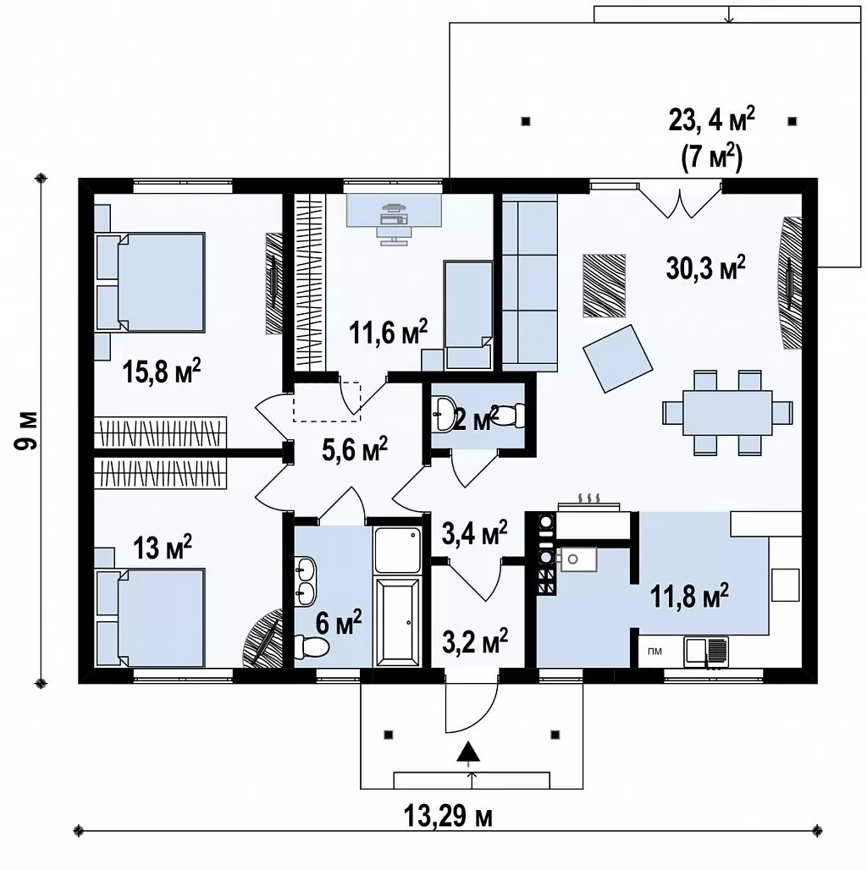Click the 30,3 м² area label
(x=705, y=268)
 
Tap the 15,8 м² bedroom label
(x=161, y=372)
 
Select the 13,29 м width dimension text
(x=448, y=817)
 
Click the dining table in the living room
(x=727, y=413)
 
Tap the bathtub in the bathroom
(x=397, y=621)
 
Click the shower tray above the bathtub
(x=397, y=550)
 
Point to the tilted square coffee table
(x=617, y=359)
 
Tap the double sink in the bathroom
(x=306, y=581)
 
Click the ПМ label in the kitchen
(x=655, y=652)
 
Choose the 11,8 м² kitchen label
(x=689, y=596)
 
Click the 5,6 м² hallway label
(x=354, y=449)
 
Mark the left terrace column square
(x=526, y=121)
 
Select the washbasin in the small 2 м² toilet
(x=444, y=413)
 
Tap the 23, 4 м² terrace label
(x=711, y=119)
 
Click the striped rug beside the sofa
(x=604, y=285)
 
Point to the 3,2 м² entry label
(x=475, y=641)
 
